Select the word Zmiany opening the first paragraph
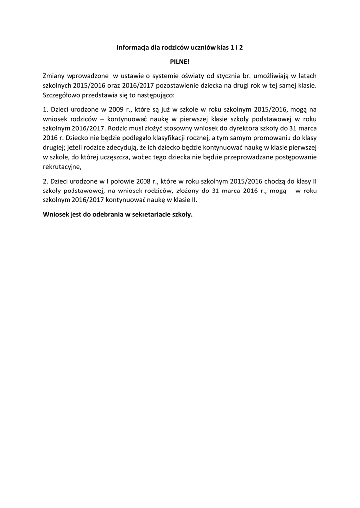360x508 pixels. click(x=54, y=76)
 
